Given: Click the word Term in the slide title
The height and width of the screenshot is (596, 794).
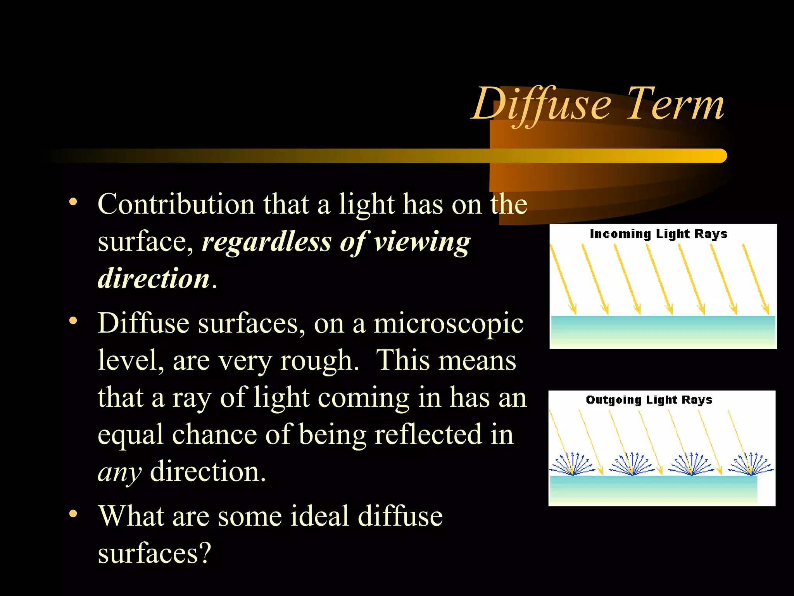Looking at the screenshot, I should pos(675,105).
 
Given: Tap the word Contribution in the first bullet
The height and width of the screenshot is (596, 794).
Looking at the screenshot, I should pos(176,204).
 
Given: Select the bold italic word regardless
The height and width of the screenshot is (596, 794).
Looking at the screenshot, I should pos(267,242).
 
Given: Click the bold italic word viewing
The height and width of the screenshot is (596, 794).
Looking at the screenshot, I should pos(422,242).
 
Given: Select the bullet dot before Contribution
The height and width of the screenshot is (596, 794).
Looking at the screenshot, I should pos(73,202).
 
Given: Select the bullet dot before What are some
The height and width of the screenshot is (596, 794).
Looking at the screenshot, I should pos(73,514).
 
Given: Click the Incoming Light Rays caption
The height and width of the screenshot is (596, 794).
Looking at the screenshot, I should pos(658,234).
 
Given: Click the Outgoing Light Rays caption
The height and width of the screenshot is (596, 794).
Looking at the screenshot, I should pos(649,400).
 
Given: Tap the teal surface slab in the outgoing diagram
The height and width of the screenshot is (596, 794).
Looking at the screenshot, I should pos(654,489).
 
